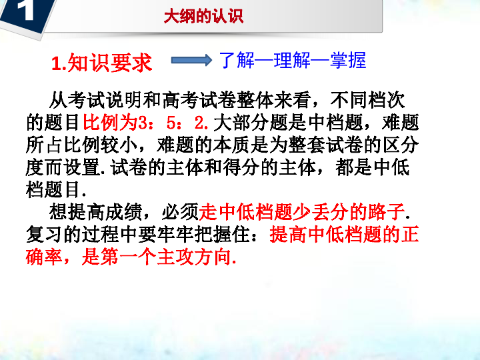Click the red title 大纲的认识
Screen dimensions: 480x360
(203, 16)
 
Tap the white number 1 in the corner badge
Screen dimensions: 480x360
(25, 9)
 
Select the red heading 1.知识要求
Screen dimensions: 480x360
(101, 63)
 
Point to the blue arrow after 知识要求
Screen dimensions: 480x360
(191, 60)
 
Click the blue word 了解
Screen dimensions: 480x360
(237, 60)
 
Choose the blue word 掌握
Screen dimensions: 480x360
(348, 60)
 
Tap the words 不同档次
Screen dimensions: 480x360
(367, 100)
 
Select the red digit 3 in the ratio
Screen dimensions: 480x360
(143, 123)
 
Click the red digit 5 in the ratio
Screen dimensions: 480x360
(171, 123)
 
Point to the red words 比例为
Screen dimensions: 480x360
(110, 123)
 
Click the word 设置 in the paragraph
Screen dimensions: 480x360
(82, 167)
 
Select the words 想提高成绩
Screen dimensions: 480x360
(95, 212)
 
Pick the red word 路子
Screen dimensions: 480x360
(387, 212)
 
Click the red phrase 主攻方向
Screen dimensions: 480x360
(194, 257)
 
